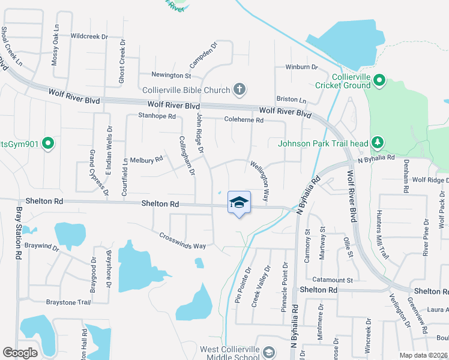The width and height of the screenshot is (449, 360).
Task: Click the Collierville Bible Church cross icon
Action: (x=240, y=90)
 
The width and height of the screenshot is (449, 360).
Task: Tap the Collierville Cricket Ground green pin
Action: (x=379, y=80)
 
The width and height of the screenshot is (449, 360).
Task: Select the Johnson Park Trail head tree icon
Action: (x=378, y=142)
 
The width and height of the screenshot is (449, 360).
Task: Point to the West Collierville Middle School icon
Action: (x=269, y=352)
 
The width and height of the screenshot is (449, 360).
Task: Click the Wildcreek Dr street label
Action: (x=89, y=37)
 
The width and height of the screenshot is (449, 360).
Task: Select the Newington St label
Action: (x=171, y=76)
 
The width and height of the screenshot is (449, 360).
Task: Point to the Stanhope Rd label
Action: (x=157, y=116)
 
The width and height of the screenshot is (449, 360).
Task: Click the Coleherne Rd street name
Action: (x=244, y=120)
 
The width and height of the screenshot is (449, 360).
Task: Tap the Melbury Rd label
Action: (x=147, y=160)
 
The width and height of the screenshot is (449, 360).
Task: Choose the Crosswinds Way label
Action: (x=182, y=241)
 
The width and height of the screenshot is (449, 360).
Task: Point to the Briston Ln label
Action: (x=291, y=100)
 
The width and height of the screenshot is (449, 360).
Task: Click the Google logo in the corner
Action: (x=20, y=353)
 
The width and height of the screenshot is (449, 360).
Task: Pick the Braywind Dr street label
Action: (x=43, y=246)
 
